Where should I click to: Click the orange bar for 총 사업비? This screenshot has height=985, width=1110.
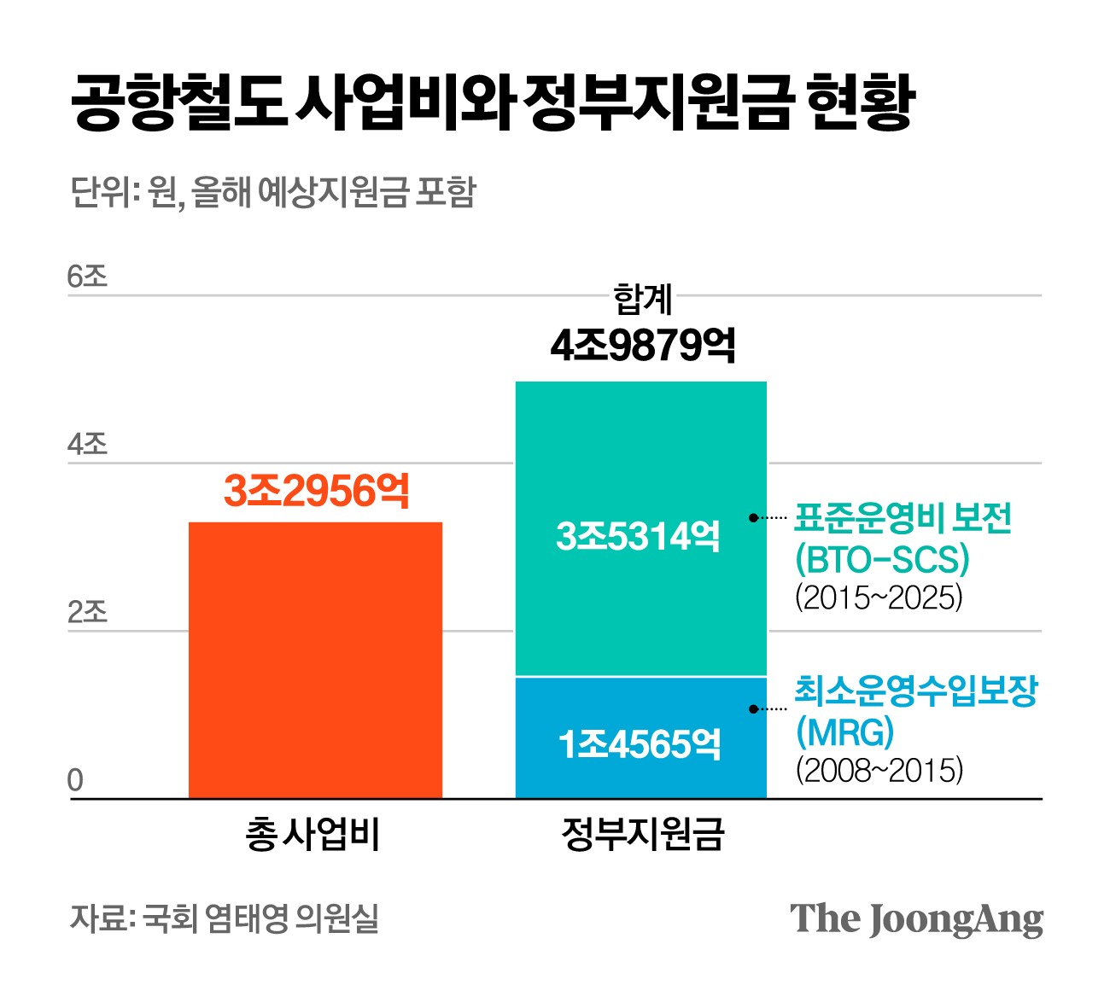[x=315, y=660]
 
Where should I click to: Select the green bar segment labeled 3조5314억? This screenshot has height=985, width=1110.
[x=640, y=529]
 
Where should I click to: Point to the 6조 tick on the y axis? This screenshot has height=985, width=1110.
[x=87, y=277]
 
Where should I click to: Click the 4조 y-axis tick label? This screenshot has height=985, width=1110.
[x=87, y=444]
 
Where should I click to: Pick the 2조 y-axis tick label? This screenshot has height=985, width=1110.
[x=87, y=612]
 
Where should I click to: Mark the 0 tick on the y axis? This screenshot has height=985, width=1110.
[x=75, y=780]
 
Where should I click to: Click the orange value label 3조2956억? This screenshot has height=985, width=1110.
[x=317, y=491]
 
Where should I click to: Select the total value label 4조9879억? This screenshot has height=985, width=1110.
[x=642, y=345]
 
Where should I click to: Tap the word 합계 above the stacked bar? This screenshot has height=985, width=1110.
[x=642, y=300]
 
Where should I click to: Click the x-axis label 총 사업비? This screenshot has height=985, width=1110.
[x=313, y=834]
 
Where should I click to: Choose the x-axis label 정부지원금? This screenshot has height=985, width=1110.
[x=642, y=834]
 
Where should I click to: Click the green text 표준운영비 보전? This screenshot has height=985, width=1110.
[x=903, y=517]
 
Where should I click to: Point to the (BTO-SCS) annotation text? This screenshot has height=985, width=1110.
[x=882, y=559]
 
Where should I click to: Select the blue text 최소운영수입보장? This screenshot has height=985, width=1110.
[x=915, y=691]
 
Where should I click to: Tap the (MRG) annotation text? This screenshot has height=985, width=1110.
[x=844, y=731]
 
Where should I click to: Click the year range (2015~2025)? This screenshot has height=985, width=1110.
[x=879, y=597]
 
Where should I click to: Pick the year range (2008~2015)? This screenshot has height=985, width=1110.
[x=879, y=770]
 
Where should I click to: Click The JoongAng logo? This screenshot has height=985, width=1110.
[x=916, y=919]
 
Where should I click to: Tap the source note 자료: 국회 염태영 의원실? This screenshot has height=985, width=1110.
[x=225, y=918]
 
